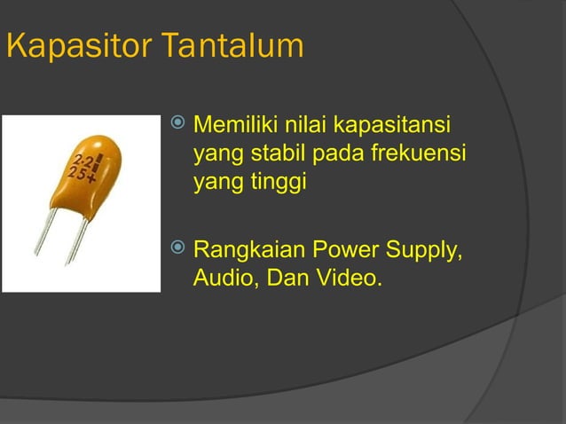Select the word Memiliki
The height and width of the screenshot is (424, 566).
point(233,122)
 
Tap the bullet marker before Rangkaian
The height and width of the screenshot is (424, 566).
point(177,246)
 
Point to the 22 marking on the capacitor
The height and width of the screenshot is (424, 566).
point(86,161)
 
